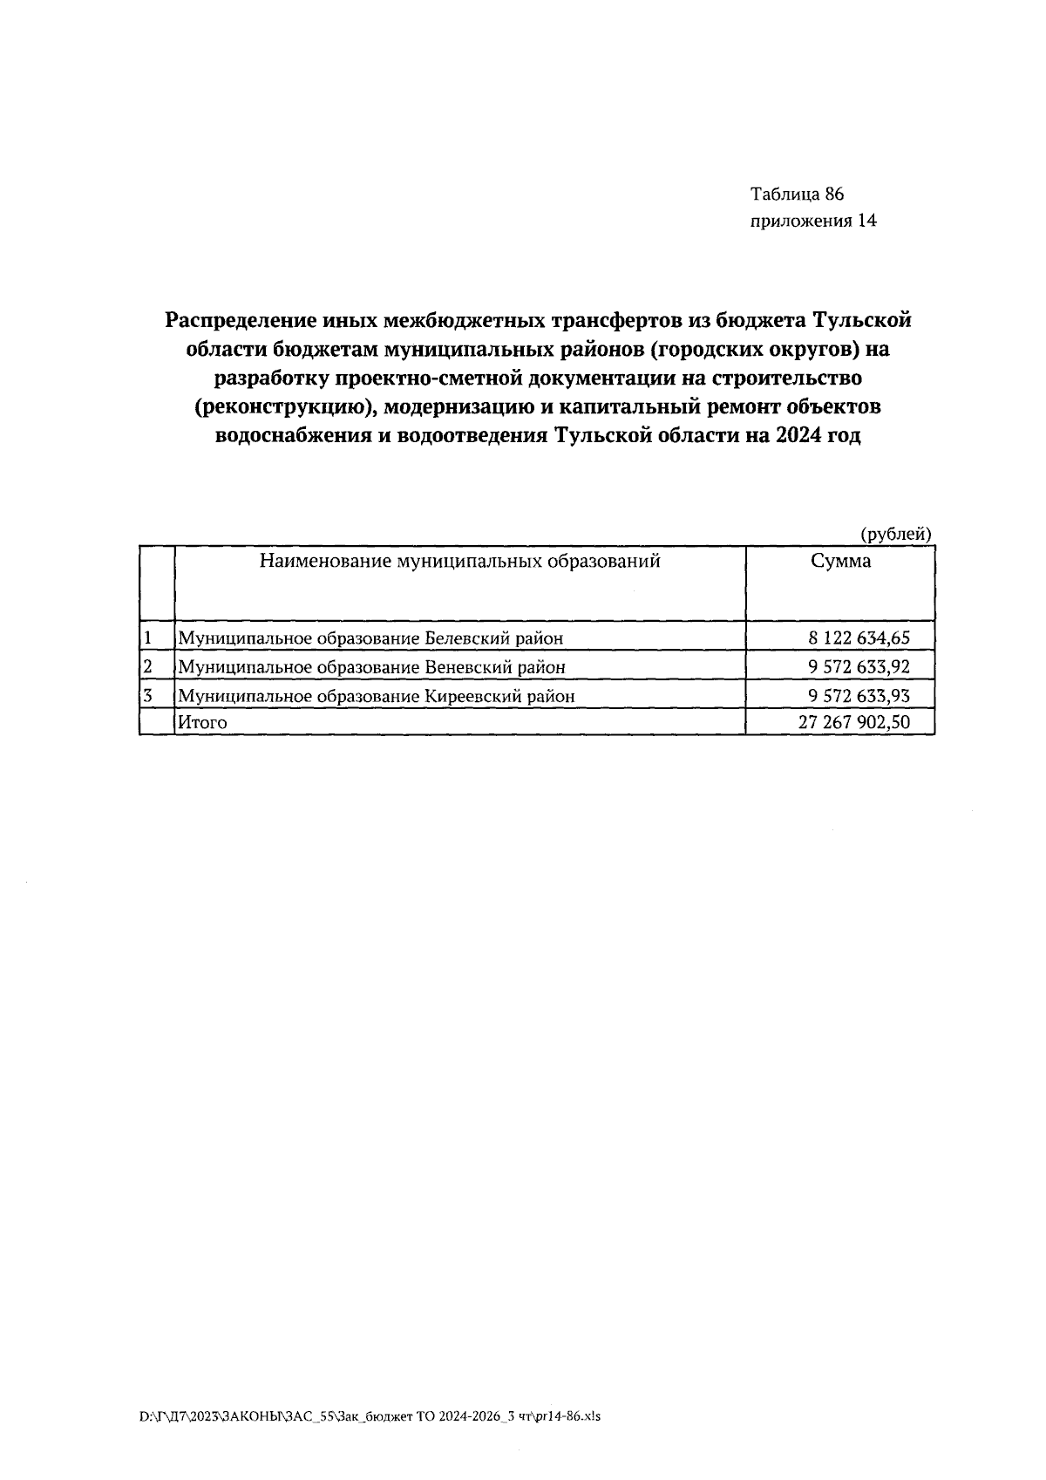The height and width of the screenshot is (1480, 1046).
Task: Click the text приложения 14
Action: click(813, 221)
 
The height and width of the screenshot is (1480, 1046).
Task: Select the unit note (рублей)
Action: click(896, 535)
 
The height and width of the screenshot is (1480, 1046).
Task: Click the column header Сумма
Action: click(840, 562)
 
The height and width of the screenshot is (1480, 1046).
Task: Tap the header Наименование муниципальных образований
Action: click(459, 562)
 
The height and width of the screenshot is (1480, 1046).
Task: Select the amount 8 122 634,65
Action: click(859, 638)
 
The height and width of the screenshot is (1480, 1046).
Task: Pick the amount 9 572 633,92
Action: click(859, 667)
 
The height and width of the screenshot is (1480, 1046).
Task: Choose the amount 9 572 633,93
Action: click(859, 696)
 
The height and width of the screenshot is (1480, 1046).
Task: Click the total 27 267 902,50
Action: click(853, 722)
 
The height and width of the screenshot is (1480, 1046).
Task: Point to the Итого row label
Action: click(202, 722)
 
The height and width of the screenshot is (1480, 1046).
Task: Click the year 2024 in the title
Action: click(792, 436)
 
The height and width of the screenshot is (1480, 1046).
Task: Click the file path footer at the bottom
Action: click(370, 1417)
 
